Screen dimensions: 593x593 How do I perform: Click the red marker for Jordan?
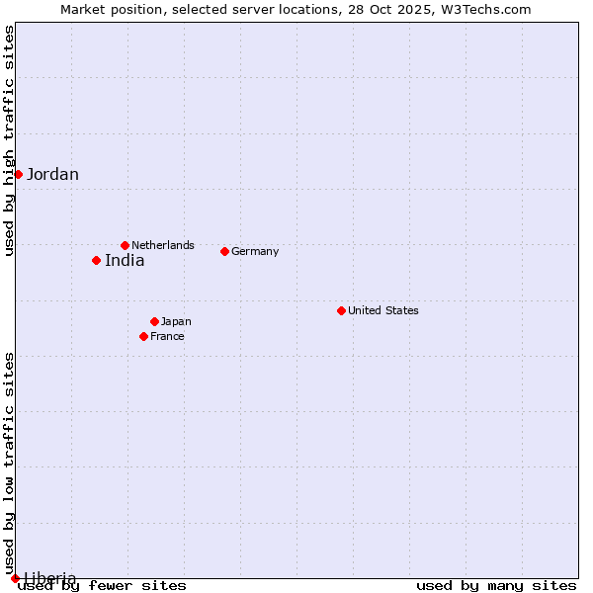[18, 174]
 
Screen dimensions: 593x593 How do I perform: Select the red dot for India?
[96, 260]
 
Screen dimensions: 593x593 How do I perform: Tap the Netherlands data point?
[125, 245]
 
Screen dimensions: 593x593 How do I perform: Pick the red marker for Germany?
[224, 251]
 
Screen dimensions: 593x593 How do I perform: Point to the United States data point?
[341, 310]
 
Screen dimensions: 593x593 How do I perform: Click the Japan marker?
[154, 321]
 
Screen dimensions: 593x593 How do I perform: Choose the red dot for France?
[143, 336]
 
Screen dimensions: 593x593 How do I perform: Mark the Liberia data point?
[15, 578]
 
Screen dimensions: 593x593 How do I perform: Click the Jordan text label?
[52, 175]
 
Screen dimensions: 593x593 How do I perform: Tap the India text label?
[125, 261]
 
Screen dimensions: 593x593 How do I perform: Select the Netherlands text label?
[163, 245]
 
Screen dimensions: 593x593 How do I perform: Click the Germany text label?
[255, 251]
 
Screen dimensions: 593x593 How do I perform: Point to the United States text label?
[383, 310]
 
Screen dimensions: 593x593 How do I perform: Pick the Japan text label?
[176, 321]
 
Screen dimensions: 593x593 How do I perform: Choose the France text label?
[167, 336]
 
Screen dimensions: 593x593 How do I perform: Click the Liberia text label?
[49, 577]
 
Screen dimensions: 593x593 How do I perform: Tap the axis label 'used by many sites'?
[496, 586]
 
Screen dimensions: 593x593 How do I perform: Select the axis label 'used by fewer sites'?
[103, 586]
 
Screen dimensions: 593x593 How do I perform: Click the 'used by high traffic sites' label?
[9, 140]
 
